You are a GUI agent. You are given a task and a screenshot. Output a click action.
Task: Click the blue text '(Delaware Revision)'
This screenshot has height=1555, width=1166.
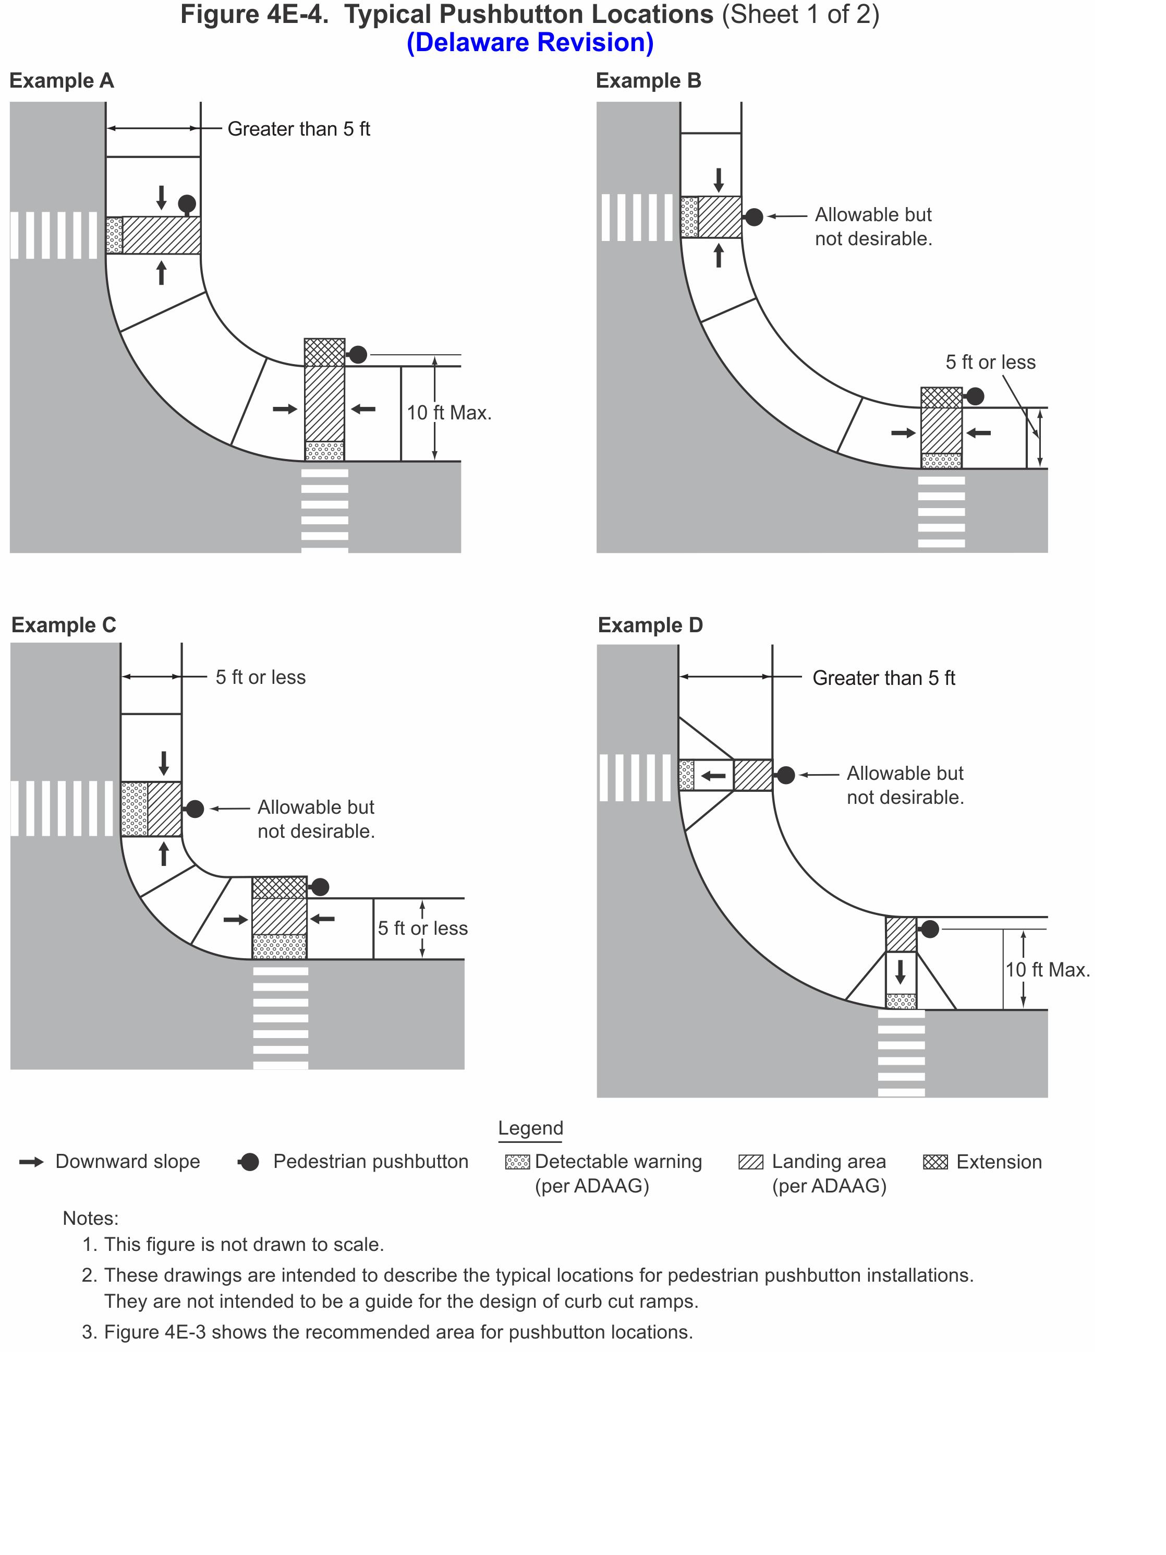[x=530, y=43]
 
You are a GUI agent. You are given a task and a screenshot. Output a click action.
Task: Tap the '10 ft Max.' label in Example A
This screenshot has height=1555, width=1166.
[x=449, y=413]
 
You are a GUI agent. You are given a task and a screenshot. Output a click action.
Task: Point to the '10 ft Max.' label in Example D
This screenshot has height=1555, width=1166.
[x=1047, y=970]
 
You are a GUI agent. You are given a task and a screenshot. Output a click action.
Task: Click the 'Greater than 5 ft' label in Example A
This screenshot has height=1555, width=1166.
[x=299, y=129]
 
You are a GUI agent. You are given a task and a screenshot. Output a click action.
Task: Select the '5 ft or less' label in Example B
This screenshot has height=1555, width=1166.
[x=990, y=362]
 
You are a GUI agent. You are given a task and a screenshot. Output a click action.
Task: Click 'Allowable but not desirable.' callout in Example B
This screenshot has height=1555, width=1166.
[x=873, y=226]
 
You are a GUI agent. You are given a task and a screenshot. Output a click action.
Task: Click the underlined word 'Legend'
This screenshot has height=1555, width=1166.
[x=531, y=1128]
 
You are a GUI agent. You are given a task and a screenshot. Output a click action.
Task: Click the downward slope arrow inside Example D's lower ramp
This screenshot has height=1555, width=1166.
[x=901, y=972]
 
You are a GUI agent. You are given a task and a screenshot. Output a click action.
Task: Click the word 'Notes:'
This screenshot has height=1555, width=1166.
[x=91, y=1218]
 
